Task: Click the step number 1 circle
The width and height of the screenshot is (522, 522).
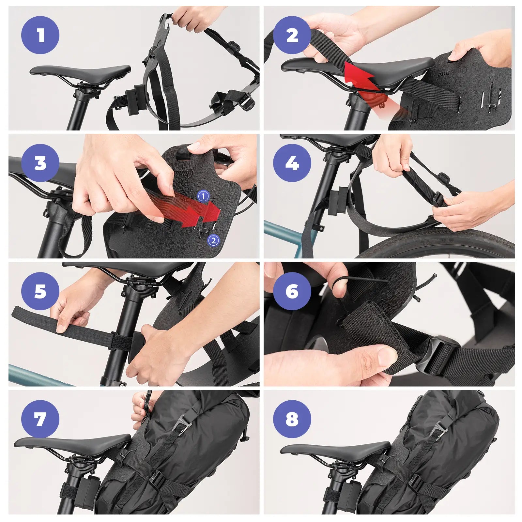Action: [40, 35]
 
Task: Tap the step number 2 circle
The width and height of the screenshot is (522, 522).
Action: [292, 35]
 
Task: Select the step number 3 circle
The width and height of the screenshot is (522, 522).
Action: [40, 163]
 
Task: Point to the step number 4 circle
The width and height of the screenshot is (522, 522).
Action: [292, 163]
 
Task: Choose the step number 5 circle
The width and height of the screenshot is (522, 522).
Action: [40, 291]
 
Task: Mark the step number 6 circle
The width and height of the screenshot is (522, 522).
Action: [292, 291]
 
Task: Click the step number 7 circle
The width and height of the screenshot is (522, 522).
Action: [40, 419]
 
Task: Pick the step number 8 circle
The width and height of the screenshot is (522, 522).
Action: [292, 419]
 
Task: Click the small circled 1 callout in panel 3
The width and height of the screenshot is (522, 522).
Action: [203, 196]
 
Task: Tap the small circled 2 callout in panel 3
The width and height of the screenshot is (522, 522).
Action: [213, 240]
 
